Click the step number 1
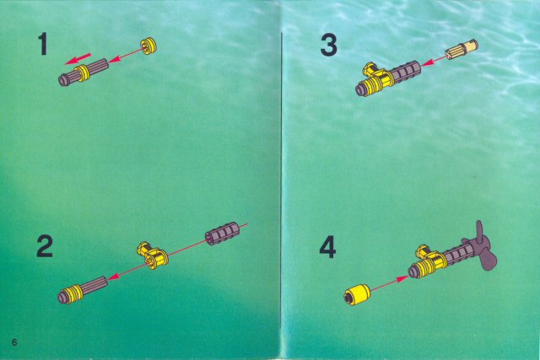pyautogui.click(x=43, y=44)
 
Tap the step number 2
pyautogui.click(x=45, y=245)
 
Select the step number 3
pyautogui.click(x=328, y=46)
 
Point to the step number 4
pyautogui.click(x=327, y=248)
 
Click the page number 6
pyautogui.click(x=14, y=342)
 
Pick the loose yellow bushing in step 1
pyautogui.click(x=148, y=46)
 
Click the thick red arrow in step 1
pyautogui.click(x=78, y=58)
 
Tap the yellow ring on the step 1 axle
pyautogui.click(x=83, y=73)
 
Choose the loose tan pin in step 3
pyautogui.click(x=462, y=50)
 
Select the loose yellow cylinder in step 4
pyautogui.click(x=356, y=295)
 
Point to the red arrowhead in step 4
pyautogui.click(x=402, y=278)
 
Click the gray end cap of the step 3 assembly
pyautogui.click(x=360, y=90)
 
